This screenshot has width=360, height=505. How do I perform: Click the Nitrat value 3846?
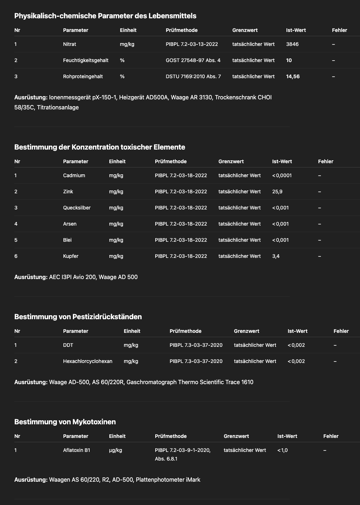[x=292, y=44]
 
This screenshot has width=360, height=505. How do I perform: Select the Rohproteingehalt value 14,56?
[x=293, y=76]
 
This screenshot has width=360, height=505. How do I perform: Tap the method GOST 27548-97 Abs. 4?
[x=193, y=60]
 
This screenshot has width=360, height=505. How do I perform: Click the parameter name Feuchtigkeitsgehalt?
[x=86, y=60]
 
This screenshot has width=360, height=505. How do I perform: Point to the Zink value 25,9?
[x=277, y=192]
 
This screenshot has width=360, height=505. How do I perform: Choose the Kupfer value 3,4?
[x=276, y=256]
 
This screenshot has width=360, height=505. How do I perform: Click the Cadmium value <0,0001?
[x=282, y=175]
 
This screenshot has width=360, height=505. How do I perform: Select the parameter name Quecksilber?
[x=77, y=208]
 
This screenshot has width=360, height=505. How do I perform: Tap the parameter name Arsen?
[x=70, y=224]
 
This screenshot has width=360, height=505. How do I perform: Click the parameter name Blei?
[x=67, y=240]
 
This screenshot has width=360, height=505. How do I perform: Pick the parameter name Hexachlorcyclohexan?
[x=87, y=361]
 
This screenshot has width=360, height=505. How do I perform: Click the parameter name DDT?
[x=68, y=345]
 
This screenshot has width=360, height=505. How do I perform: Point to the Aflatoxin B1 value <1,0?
[x=283, y=450]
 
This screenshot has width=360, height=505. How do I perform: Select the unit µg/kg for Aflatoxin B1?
[x=115, y=450]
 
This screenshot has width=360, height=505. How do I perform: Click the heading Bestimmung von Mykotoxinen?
[x=65, y=422]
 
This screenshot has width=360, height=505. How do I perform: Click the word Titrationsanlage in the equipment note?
[x=58, y=107]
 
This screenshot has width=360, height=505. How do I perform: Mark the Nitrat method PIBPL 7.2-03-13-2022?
[x=192, y=44]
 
